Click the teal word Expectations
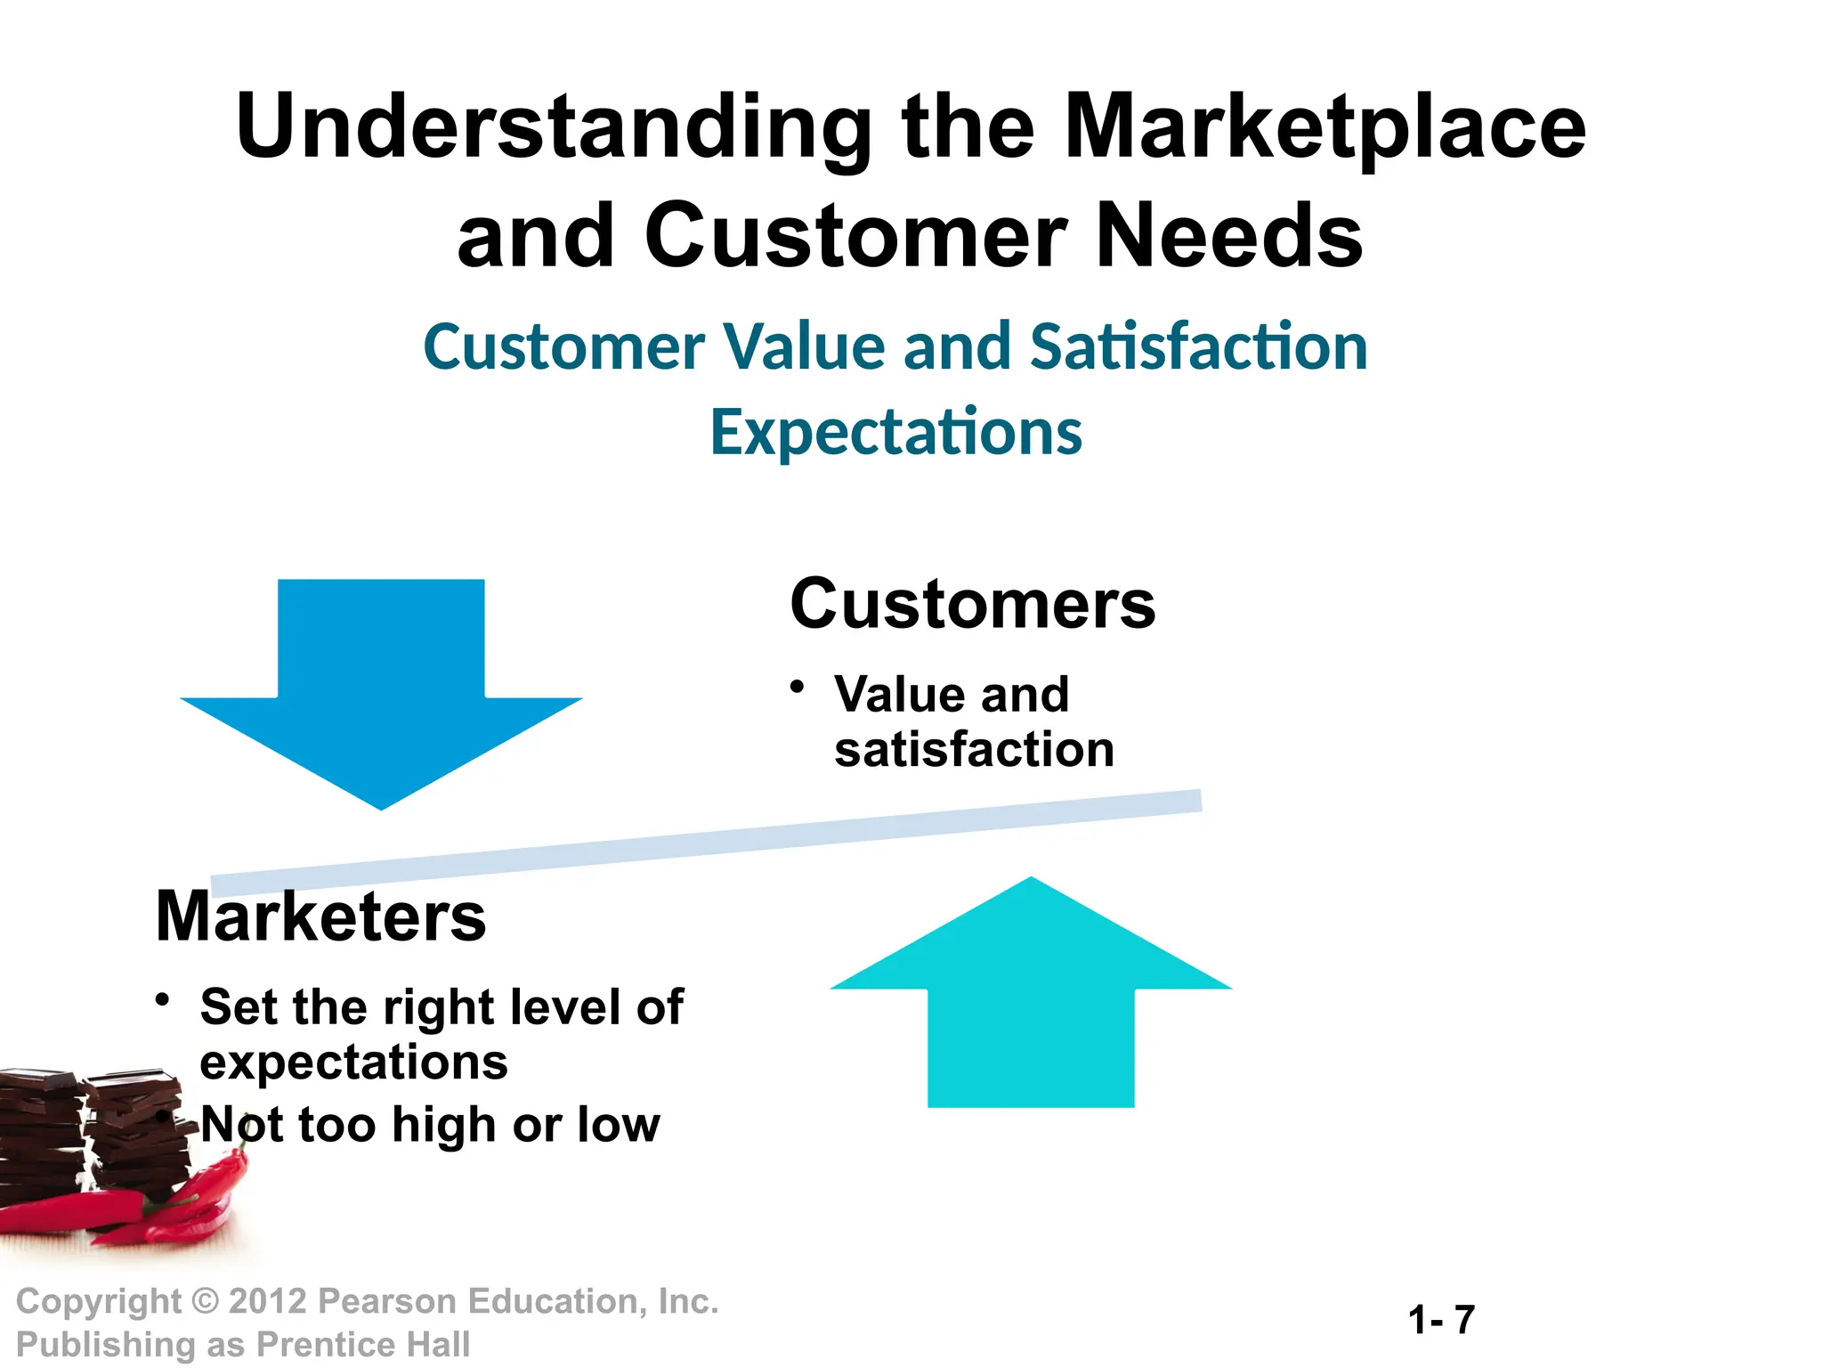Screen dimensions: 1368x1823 click(x=895, y=433)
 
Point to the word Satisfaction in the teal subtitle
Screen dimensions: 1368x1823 click(x=1198, y=346)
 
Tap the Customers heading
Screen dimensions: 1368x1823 click(x=972, y=605)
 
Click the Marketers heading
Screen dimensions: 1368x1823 click(x=320, y=917)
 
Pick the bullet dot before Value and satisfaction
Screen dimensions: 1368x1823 click(x=798, y=687)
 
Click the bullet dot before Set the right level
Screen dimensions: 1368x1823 click(x=162, y=999)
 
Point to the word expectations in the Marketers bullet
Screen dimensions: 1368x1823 click(x=353, y=1063)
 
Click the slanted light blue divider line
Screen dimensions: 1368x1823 click(x=706, y=842)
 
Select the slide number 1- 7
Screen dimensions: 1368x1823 click(x=1441, y=1320)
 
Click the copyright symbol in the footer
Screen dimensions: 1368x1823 click(x=206, y=1301)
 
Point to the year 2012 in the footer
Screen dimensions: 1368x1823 click(x=268, y=1301)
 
